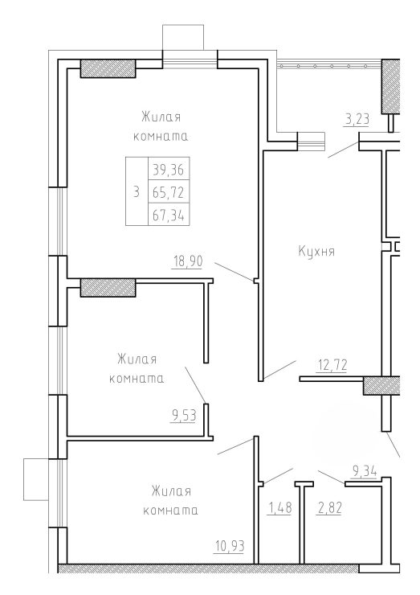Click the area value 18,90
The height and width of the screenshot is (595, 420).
[188, 261]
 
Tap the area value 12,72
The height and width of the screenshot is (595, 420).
[332, 365]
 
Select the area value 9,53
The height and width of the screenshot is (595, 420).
[184, 416]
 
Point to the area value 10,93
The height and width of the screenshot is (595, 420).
[229, 547]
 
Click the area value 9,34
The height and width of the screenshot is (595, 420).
[365, 471]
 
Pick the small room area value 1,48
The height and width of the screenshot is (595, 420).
[280, 507]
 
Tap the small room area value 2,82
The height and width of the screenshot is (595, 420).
[328, 507]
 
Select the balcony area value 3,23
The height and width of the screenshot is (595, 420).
[357, 120]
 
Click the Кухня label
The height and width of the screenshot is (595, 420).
[316, 251]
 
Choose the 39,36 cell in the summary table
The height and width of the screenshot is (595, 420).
[169, 170]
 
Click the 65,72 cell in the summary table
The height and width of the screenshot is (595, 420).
[169, 193]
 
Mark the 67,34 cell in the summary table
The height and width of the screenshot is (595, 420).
[169, 215]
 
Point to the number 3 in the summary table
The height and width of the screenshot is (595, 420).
[136, 192]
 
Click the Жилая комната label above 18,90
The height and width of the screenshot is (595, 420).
[161, 126]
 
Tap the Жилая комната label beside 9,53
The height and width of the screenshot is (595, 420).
[137, 368]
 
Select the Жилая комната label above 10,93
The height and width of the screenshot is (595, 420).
[170, 500]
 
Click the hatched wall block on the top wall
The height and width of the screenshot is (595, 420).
[108, 68]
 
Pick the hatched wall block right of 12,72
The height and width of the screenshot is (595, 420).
[381, 385]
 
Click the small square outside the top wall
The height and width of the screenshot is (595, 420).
[183, 38]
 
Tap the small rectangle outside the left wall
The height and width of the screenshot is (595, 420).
[36, 479]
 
